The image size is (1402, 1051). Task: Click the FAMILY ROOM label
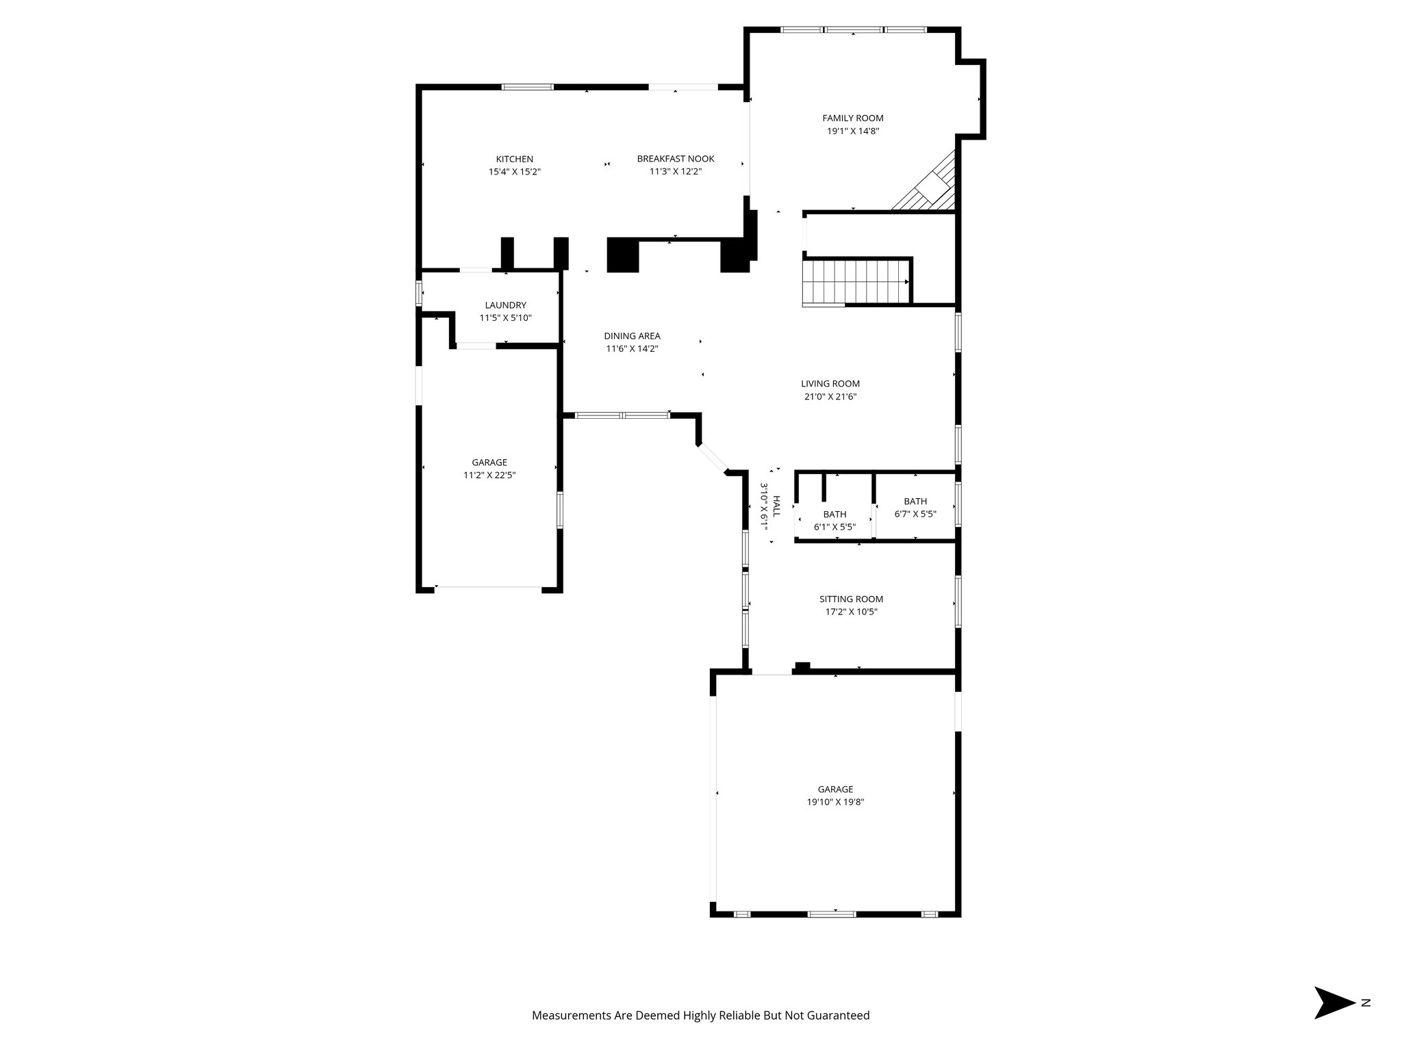click(852, 118)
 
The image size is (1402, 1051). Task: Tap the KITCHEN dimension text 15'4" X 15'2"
click(514, 172)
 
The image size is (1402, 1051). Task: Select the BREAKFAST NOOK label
click(675, 159)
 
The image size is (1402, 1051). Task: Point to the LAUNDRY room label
click(505, 305)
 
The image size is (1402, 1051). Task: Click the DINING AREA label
click(632, 336)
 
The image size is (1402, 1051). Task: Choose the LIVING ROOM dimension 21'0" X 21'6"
click(830, 396)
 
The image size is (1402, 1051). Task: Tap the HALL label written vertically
click(776, 506)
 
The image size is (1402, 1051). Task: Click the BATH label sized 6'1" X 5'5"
click(834, 515)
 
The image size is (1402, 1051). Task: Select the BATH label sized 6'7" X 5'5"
click(915, 502)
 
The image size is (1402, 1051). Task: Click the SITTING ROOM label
click(851, 599)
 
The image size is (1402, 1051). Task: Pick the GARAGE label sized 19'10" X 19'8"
click(835, 790)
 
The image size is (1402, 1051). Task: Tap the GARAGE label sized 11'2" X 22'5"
click(489, 463)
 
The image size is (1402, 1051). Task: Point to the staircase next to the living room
click(856, 282)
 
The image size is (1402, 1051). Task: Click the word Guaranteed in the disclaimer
click(841, 1015)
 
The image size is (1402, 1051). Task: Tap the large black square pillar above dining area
click(622, 255)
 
